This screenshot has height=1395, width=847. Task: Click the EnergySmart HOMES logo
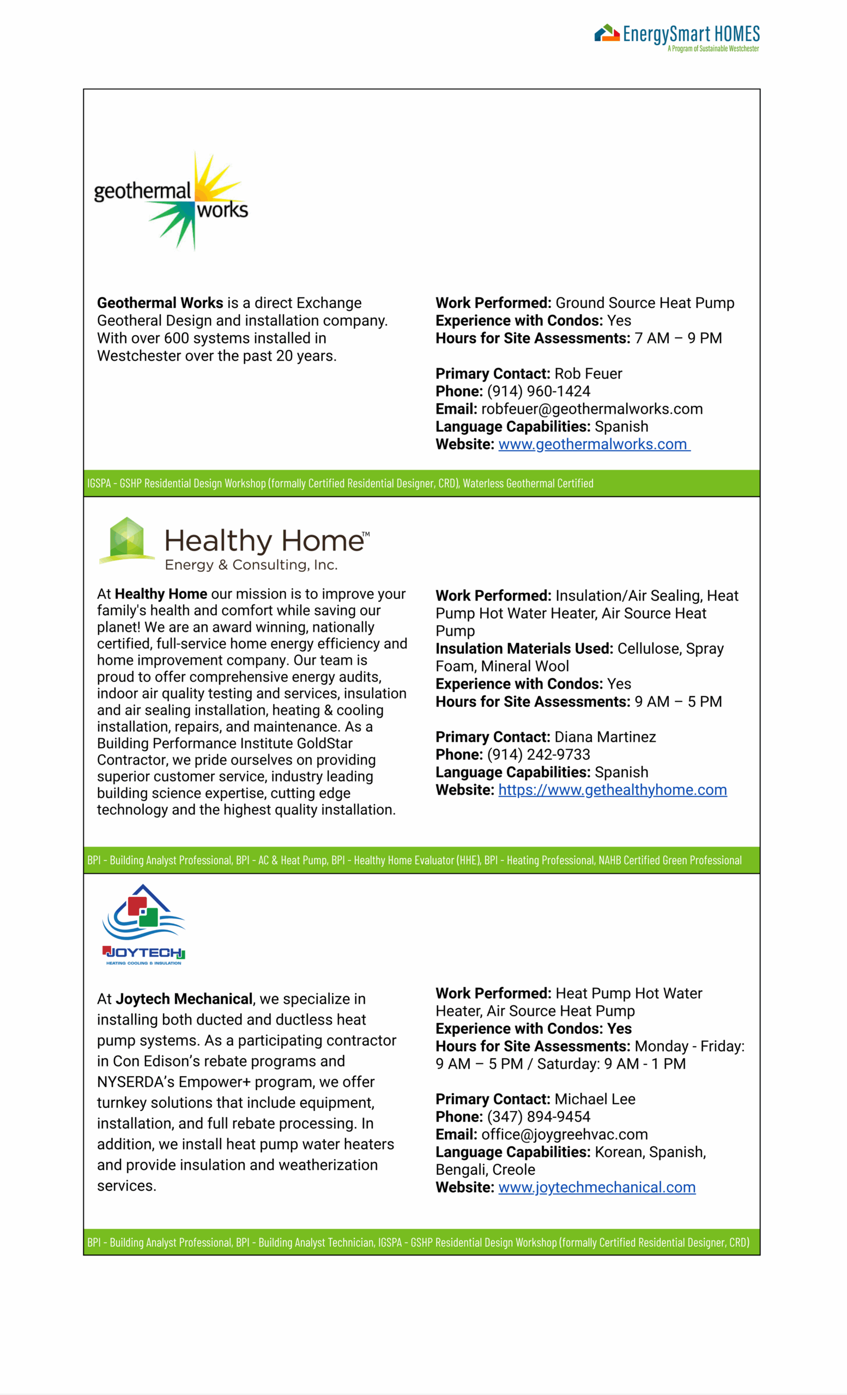(x=676, y=38)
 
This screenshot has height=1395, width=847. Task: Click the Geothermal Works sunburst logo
(x=171, y=201)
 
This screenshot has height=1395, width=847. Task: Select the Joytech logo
(x=144, y=925)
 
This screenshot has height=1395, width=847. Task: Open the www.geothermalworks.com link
(x=594, y=445)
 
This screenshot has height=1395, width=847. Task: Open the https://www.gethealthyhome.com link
(x=612, y=790)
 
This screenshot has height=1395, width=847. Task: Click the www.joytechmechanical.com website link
(x=596, y=1187)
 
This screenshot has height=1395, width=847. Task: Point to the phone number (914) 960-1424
(x=539, y=391)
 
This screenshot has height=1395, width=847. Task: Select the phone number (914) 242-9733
(x=539, y=755)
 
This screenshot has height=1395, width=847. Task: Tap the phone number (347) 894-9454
(x=539, y=1117)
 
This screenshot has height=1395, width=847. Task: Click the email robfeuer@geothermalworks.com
(x=592, y=409)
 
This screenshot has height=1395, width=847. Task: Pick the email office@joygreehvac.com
(x=564, y=1135)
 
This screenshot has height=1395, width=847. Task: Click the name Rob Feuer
(x=588, y=374)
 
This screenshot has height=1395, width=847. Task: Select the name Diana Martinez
(x=604, y=737)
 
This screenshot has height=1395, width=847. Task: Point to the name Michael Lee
(x=595, y=1100)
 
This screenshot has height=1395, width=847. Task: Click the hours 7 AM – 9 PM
(x=677, y=338)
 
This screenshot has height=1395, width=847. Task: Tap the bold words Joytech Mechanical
(x=184, y=999)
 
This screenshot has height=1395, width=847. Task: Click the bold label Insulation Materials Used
(x=524, y=649)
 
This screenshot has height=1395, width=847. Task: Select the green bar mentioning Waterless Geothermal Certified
(x=421, y=483)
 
